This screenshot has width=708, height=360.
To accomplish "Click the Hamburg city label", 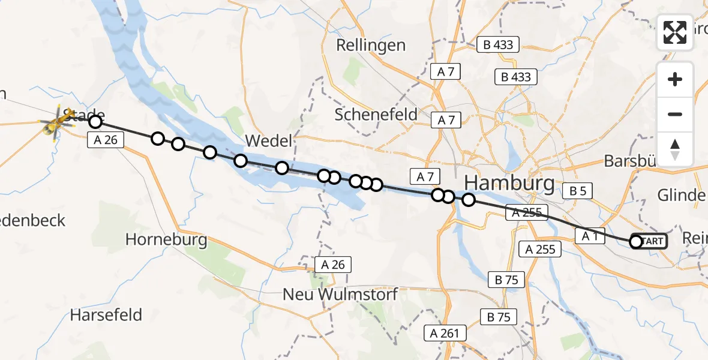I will tap(509, 183).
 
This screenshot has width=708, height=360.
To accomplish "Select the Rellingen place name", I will tap(371, 45).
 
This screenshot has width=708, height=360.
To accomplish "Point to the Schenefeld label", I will tap(376, 115).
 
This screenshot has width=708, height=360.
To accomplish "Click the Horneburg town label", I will tap(166, 240).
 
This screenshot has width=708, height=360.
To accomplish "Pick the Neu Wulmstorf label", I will tap(341, 295).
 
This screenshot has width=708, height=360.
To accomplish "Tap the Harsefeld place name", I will tap(106, 314).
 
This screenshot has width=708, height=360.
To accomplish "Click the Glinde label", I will tap(682, 196).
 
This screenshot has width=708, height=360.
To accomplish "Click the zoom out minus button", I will tap(675, 115).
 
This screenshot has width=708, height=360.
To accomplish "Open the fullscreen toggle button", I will tap(675, 32).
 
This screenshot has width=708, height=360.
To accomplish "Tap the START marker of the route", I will tap(650, 241).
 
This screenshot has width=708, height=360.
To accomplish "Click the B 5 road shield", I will tap(578, 191).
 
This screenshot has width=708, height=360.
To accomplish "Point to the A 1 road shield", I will tap(589, 236).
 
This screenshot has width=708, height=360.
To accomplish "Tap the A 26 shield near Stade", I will tap(106, 140).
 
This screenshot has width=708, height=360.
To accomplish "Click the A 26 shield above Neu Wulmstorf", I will tap(332, 265).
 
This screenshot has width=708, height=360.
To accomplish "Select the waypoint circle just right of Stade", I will tap(95, 122).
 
